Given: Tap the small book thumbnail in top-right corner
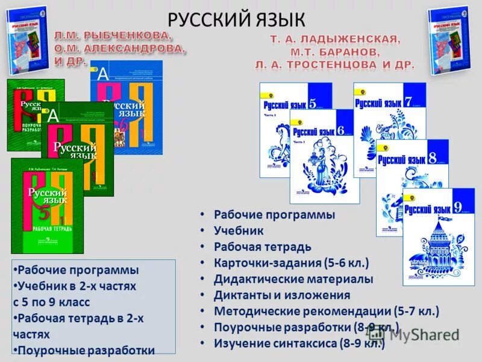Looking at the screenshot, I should (448, 33).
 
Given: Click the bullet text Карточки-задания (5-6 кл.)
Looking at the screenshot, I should (291, 263).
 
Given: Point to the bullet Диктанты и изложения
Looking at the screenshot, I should (282, 295).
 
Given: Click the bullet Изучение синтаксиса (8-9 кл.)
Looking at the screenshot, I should (299, 343).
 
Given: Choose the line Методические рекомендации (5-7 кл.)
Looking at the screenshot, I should (327, 311).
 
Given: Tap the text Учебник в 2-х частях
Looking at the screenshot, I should (77, 286).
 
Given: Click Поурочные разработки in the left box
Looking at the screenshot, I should (86, 350).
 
